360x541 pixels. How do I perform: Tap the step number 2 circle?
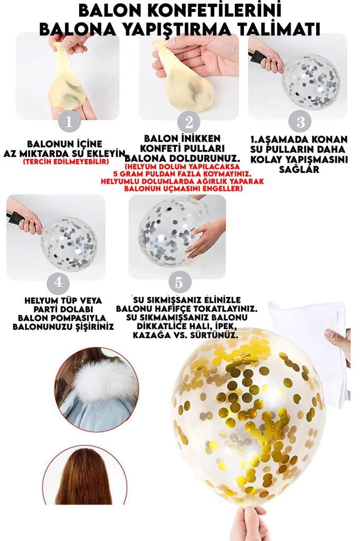coord(188,123)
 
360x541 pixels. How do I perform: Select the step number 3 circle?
coord(300,122)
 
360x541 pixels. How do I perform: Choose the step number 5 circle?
coord(179,283)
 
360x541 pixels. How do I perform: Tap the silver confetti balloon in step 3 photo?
coord(310,82)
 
